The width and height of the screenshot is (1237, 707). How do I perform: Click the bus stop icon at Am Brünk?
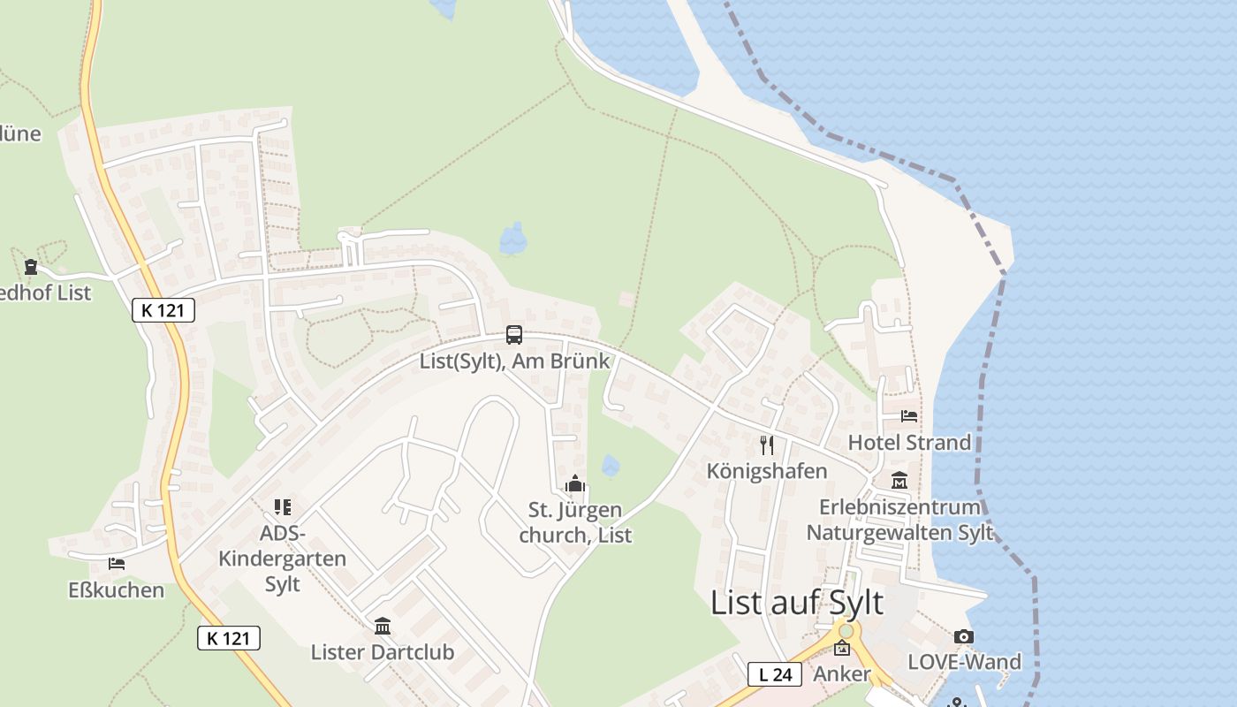coord(514,335)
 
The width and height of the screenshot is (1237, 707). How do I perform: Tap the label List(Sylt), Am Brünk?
coord(514,361)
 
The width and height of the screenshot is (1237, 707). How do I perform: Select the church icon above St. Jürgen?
coord(576,484)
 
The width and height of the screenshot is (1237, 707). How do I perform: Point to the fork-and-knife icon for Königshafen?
coord(767,445)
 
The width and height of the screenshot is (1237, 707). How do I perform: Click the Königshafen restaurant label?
coord(767,471)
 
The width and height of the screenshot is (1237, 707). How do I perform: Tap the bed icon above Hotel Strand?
coord(909,415)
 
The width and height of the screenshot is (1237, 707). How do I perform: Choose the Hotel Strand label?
coord(909,442)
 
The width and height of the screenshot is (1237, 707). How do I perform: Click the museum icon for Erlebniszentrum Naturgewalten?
coord(899,481)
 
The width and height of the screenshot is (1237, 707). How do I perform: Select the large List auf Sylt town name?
coord(797,603)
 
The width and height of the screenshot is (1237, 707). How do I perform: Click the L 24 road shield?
coord(775,674)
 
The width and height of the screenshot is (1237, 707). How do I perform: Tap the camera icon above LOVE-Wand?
coord(964,636)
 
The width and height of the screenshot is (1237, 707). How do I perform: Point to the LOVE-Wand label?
coord(964,662)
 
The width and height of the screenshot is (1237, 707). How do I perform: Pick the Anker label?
coord(842,674)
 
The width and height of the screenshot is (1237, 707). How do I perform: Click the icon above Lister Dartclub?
coord(383,627)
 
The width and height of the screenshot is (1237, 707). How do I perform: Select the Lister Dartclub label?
coord(383,652)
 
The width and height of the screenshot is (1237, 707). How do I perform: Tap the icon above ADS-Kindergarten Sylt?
coord(283,507)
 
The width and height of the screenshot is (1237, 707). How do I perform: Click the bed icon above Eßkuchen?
coord(117,563)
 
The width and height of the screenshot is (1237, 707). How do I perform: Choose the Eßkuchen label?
coord(117,589)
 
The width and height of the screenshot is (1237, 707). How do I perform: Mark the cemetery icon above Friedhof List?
coord(31,266)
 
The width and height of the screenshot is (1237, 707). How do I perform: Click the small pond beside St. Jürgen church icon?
coord(610,465)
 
